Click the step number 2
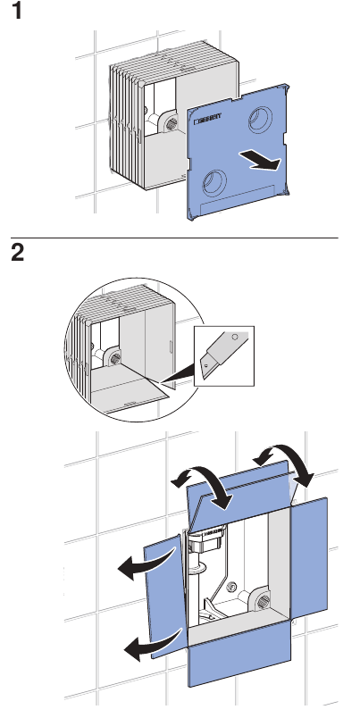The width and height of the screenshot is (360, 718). [x=16, y=253]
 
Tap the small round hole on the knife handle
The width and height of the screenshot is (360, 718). [x=233, y=338]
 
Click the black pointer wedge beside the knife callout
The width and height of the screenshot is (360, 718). [x=178, y=376]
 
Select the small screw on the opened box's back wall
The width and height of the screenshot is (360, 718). [x=232, y=589]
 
